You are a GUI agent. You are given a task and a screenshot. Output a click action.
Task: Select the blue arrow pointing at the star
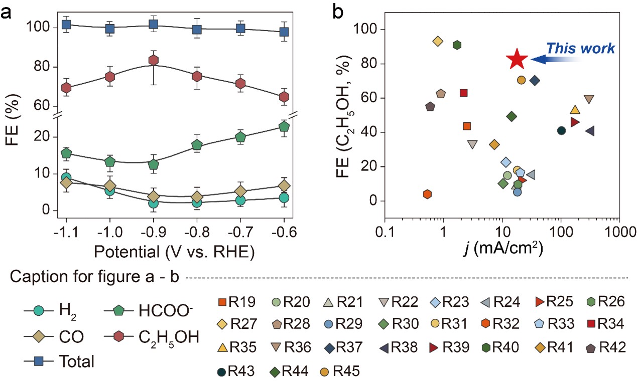tap(552, 60)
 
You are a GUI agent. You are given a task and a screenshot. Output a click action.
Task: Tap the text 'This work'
tap(580, 48)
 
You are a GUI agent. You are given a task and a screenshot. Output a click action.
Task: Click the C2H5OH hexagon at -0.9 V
tap(154, 61)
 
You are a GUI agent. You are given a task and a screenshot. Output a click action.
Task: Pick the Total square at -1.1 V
tap(66, 25)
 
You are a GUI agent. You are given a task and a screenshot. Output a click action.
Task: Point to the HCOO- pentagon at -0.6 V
tap(285, 127)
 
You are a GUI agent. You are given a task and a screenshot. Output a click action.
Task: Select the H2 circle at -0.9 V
tap(154, 203)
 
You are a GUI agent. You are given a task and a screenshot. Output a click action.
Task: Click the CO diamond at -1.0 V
tap(110, 187)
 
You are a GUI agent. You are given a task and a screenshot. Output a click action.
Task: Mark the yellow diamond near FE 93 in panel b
tap(438, 41)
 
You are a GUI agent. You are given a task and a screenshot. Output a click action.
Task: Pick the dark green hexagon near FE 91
tap(457, 45)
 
